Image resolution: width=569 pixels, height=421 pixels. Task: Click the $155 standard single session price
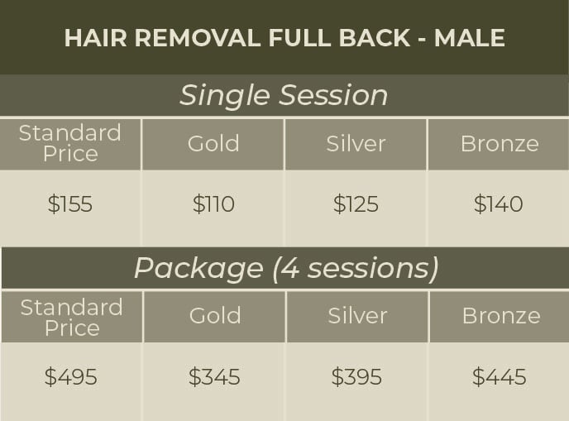(70, 204)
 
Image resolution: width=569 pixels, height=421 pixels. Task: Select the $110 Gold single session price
(213, 204)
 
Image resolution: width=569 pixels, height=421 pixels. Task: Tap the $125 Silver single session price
(356, 204)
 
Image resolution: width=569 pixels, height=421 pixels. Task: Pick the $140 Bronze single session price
(498, 204)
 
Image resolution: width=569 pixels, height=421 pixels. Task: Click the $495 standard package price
(71, 377)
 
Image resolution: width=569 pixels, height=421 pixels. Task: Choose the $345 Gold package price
(214, 377)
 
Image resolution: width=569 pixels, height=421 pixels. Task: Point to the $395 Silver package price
(356, 377)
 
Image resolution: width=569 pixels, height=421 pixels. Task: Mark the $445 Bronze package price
(499, 377)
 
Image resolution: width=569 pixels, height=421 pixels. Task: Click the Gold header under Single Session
(213, 143)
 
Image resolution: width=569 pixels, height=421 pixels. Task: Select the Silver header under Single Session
(356, 143)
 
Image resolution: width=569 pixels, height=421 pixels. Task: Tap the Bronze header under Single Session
(499, 143)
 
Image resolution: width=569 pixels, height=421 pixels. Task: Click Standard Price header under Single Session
(70, 143)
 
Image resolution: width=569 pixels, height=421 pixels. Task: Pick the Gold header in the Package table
(215, 315)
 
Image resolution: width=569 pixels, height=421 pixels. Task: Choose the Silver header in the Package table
(357, 315)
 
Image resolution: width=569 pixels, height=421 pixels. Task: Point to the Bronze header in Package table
(500, 315)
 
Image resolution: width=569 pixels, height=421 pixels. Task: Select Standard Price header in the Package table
(71, 317)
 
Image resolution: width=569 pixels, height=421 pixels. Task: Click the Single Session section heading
(284, 95)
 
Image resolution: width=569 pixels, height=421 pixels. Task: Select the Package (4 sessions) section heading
(286, 268)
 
